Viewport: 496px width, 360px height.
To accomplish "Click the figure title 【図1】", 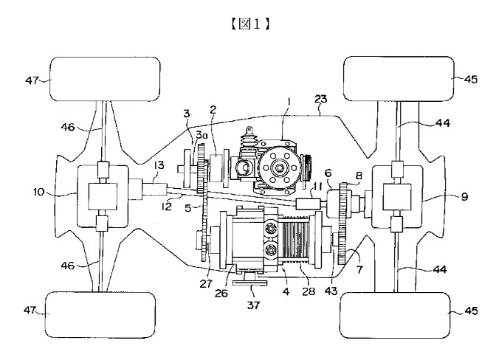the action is point(250,24).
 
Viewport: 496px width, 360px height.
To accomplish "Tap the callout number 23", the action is point(320,99).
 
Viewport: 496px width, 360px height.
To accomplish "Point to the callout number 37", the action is point(253,305).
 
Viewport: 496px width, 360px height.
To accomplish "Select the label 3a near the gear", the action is point(201,135).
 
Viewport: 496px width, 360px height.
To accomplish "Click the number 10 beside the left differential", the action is point(39,192).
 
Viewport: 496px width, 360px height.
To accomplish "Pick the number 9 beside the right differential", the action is point(464,196).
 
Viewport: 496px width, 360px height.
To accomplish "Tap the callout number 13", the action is point(159,165).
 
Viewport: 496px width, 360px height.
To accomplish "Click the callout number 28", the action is point(309,291).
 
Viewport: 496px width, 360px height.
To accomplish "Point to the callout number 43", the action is point(331,291).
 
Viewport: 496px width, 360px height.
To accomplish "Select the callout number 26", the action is point(221,293).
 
